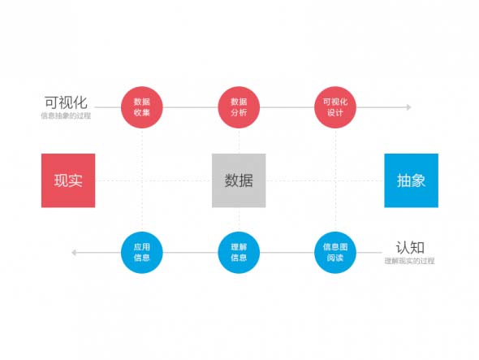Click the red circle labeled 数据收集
[142, 107]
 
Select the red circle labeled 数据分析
[239, 107]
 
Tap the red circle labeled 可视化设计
[335, 107]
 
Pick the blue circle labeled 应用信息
[142, 253]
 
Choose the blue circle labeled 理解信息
[239, 253]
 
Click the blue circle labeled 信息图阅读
[335, 253]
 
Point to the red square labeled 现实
[68, 180]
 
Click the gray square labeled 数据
[239, 180]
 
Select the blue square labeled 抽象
[411, 180]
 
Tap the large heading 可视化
[66, 102]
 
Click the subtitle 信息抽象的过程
[66, 115]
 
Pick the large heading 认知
[410, 247]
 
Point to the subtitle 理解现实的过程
[409, 261]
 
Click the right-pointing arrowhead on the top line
[408, 107]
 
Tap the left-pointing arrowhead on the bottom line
[74, 253]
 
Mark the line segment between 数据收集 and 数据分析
[190, 107]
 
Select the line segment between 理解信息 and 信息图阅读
[287, 253]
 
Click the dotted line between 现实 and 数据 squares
[153, 180]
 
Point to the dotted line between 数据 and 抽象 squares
[325, 180]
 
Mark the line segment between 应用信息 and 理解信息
[190, 253]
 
